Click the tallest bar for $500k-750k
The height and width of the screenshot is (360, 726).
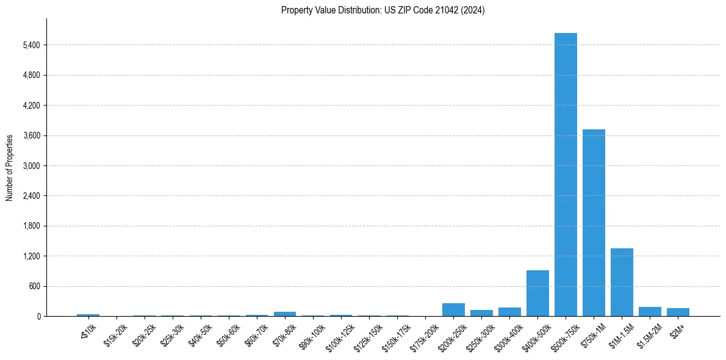(x=566, y=175)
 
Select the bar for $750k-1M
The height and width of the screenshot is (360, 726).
(x=594, y=223)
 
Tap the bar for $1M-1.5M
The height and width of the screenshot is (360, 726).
(x=622, y=283)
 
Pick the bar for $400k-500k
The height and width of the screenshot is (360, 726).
(x=537, y=293)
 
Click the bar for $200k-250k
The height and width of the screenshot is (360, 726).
(x=453, y=310)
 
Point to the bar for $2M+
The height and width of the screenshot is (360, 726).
(x=678, y=312)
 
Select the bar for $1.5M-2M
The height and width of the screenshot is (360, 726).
(x=650, y=312)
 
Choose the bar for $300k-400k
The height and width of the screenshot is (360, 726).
(x=509, y=312)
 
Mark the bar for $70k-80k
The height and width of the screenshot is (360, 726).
(x=285, y=314)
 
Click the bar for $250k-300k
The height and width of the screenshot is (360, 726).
(x=481, y=313)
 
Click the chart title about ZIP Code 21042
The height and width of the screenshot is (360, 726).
(x=383, y=10)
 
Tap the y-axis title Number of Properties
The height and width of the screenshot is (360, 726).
(x=10, y=167)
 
